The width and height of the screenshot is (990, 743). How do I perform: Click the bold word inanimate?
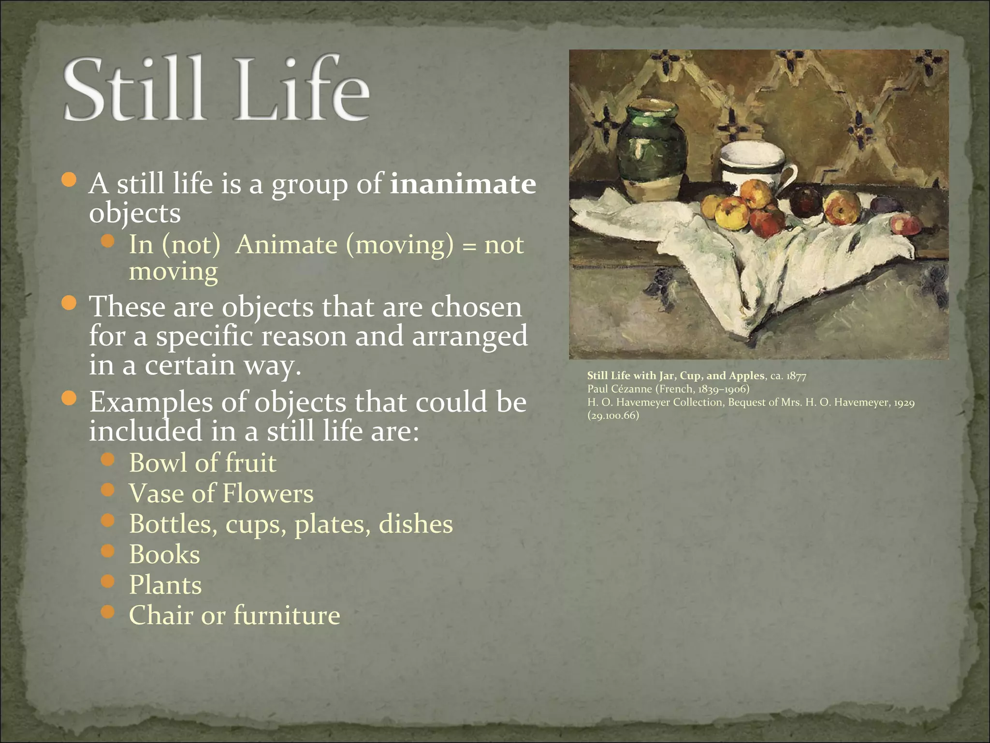point(463,184)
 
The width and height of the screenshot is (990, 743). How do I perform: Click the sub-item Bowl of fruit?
point(203,462)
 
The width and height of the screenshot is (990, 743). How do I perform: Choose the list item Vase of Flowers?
point(221,493)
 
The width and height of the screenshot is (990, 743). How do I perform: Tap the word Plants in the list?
point(165,584)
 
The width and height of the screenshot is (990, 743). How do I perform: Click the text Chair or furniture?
point(234,615)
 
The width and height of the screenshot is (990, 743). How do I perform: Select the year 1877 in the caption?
point(797,376)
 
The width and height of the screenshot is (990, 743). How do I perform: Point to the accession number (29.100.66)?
point(613,416)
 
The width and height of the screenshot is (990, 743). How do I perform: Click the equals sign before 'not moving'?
point(468,246)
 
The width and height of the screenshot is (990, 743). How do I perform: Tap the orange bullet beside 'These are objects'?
point(70,303)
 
